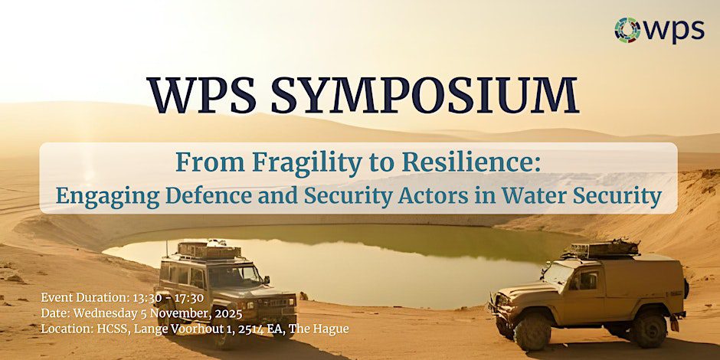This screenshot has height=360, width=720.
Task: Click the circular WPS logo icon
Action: point(628,30)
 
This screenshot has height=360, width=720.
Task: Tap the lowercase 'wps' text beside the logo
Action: point(673,30)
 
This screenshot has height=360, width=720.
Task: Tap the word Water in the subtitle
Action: point(525,195)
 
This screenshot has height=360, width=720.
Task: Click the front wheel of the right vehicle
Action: point(532,329)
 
